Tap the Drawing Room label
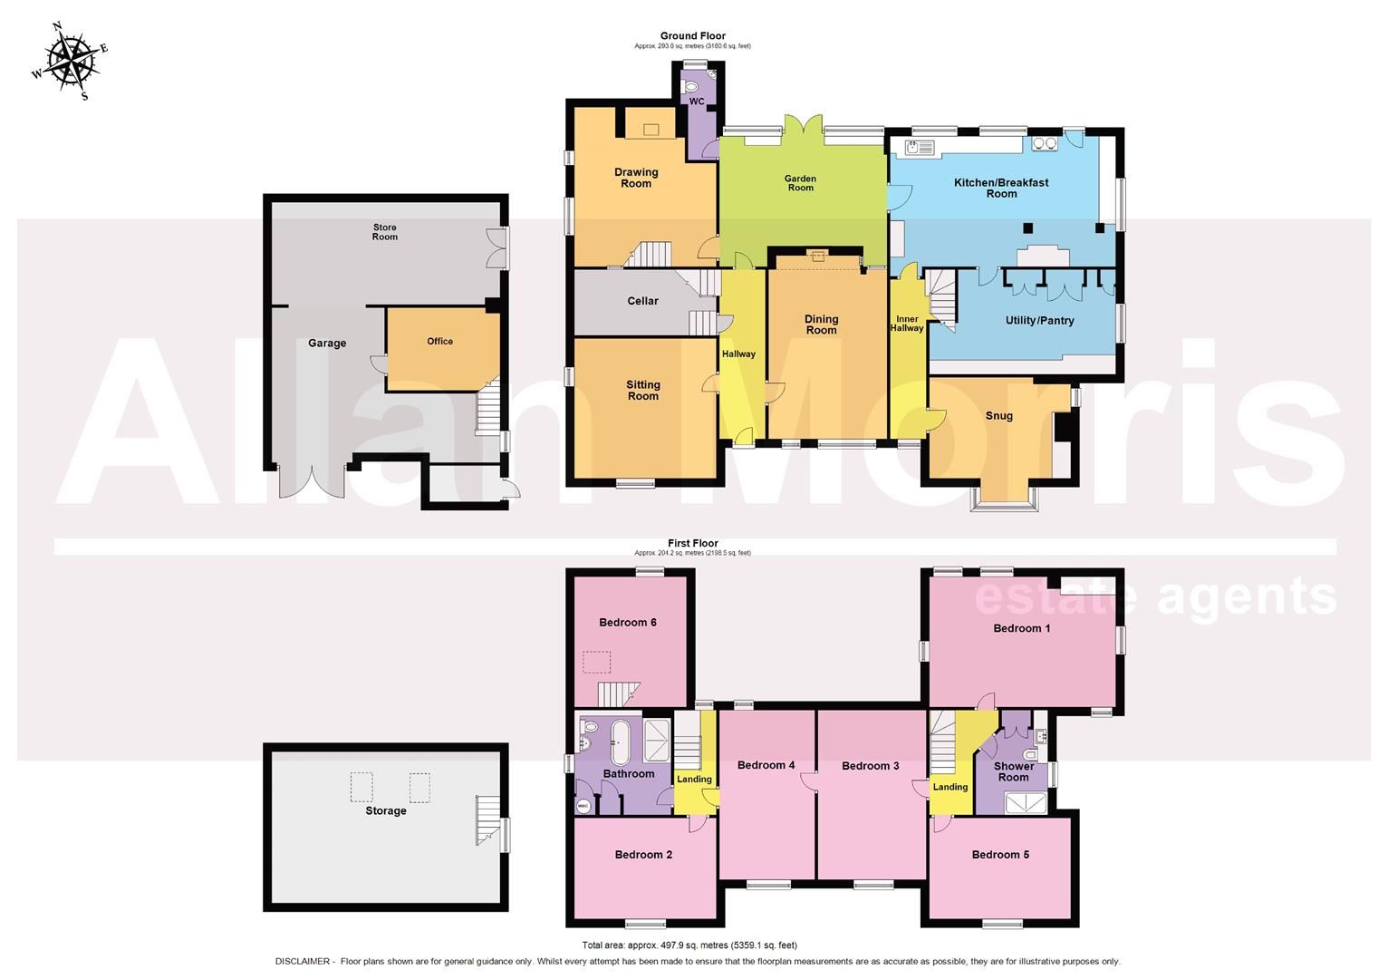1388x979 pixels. tap(636, 178)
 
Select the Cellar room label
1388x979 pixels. tap(642, 301)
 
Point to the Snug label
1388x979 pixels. tap(998, 416)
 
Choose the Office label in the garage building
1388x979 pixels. tap(439, 342)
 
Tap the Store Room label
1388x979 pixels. tap(385, 232)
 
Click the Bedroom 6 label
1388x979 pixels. tap(628, 623)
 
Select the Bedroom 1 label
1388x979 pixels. tap(1021, 628)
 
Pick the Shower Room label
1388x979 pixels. tap(1013, 771)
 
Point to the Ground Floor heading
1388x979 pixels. tap(692, 36)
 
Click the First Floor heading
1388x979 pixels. tap(692, 544)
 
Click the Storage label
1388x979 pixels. tap(386, 810)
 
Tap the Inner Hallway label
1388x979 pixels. tap(907, 324)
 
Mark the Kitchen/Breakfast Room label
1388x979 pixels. tap(1001, 188)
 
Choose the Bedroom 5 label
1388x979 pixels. tap(1000, 855)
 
